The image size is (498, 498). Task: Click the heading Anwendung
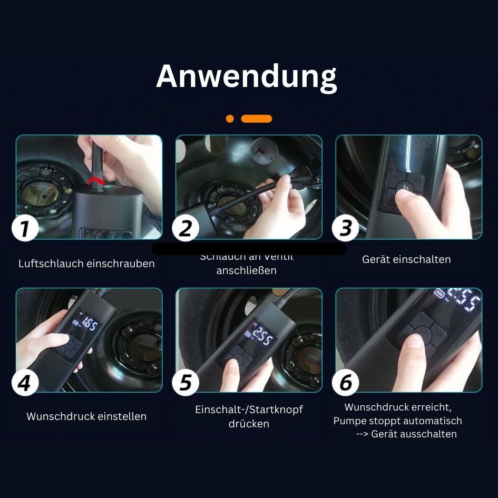pyautogui.click(x=246, y=76)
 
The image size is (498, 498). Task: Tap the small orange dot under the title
pyautogui.click(x=230, y=119)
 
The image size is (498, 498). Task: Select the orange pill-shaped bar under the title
pyautogui.click(x=257, y=119)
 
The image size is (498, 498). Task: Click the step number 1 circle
pyautogui.click(x=25, y=229)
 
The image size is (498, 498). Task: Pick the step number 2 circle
pyautogui.click(x=185, y=229)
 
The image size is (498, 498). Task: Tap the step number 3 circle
pyautogui.click(x=345, y=229)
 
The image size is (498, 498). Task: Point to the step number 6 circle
pyautogui.click(x=345, y=382)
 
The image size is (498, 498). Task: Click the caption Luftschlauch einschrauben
pyautogui.click(x=86, y=263)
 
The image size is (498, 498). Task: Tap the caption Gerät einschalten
pyautogui.click(x=406, y=259)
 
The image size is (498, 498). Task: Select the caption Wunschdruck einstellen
pyautogui.click(x=86, y=416)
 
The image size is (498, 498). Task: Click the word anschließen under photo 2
pyautogui.click(x=246, y=271)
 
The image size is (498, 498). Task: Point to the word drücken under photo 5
pyautogui.click(x=249, y=424)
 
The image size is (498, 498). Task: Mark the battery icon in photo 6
pyautogui.click(x=438, y=293)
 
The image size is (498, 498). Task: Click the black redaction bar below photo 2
pyautogui.click(x=249, y=249)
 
